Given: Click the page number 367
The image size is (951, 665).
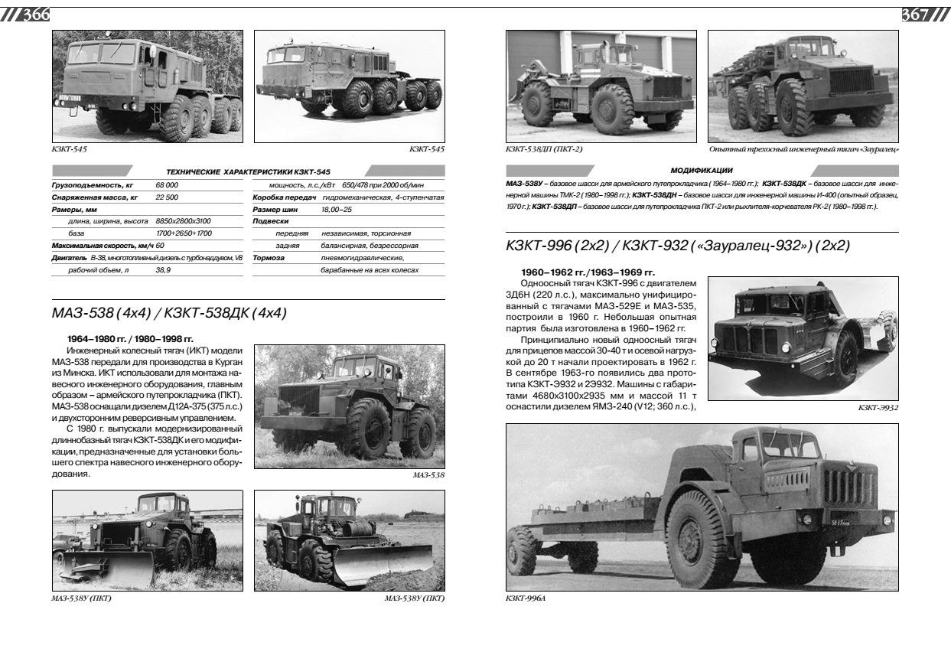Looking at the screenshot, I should [916, 15].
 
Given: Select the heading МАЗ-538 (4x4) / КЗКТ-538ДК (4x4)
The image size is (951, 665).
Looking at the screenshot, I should [169, 313].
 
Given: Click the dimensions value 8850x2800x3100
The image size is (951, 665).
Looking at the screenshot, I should [183, 221].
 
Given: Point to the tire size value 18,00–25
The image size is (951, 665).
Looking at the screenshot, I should [337, 209].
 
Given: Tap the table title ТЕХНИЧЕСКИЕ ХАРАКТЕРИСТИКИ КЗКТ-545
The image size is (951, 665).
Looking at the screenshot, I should [248, 171].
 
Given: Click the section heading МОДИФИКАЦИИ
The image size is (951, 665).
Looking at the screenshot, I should [701, 170].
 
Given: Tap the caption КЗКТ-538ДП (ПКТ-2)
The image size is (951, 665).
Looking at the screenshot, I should [543, 148].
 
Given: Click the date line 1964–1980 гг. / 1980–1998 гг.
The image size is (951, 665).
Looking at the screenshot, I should [131, 337].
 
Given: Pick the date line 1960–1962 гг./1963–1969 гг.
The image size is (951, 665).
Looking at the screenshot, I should [588, 272].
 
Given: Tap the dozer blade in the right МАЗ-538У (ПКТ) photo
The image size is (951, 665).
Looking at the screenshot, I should [374, 562].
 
